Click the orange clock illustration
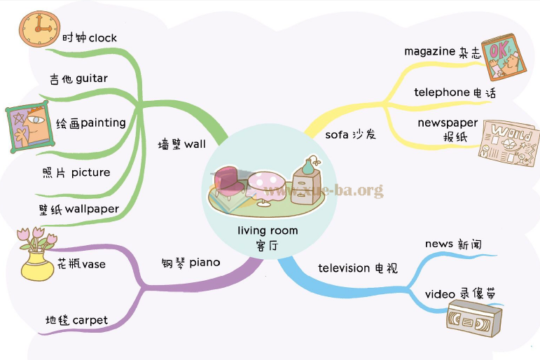point(35,29)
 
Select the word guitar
point(87,78)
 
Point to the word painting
point(103,123)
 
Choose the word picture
point(90,172)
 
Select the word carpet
point(90,320)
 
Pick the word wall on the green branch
point(195,144)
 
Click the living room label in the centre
point(268,230)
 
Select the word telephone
point(441,92)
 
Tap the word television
point(344,268)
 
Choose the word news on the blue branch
point(439,244)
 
